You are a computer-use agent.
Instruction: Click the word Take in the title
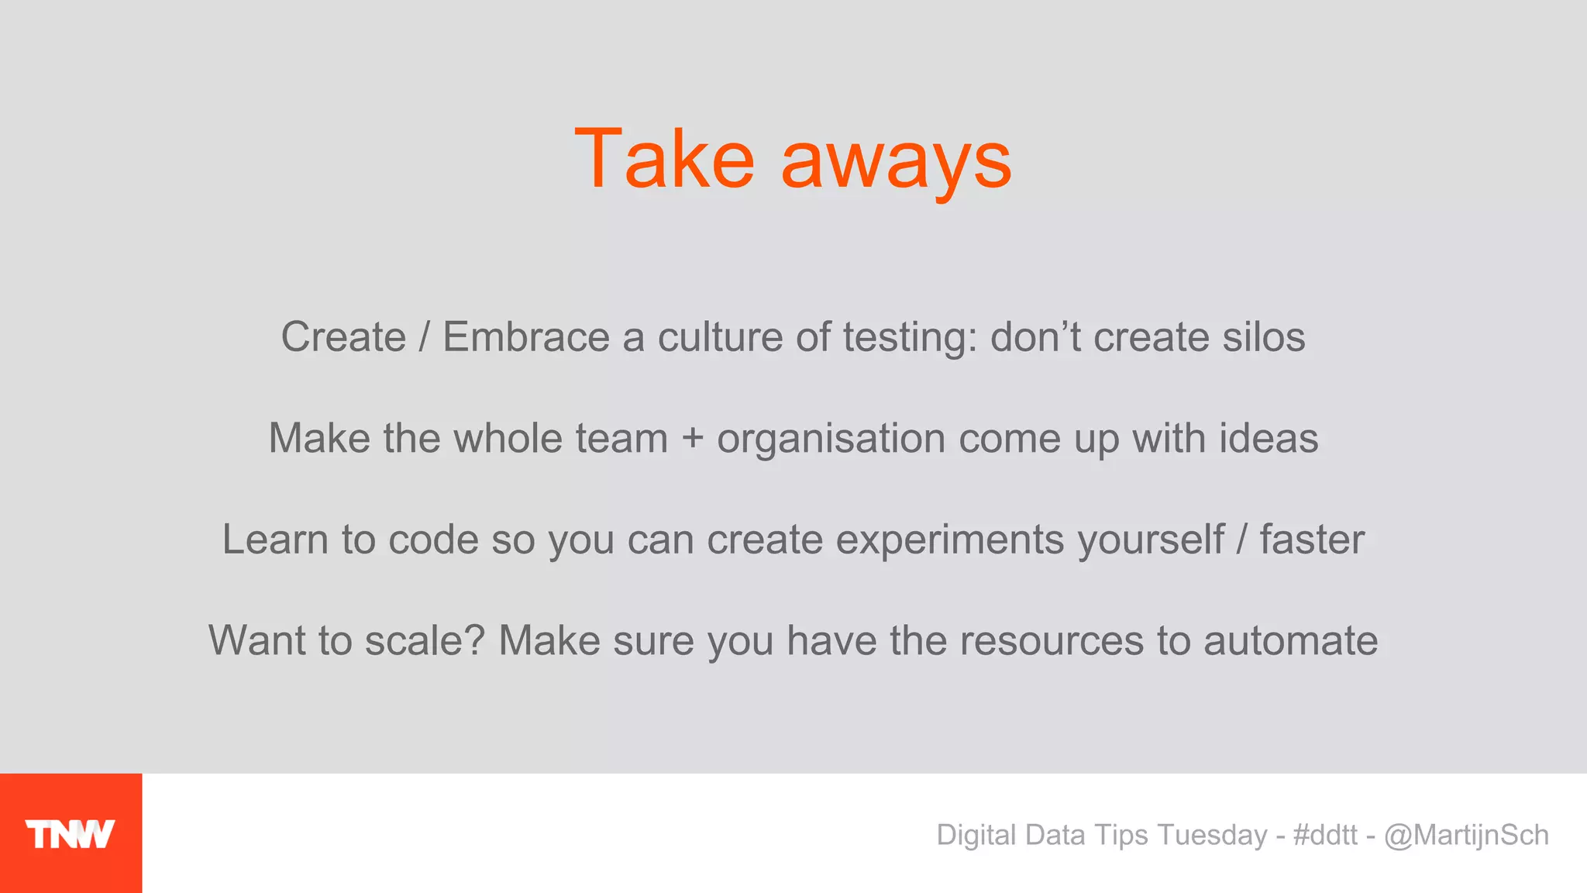pos(664,160)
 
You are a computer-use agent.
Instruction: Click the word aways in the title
pos(896,163)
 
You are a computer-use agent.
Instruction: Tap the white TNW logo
pos(71,834)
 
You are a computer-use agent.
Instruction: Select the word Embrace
pos(526,338)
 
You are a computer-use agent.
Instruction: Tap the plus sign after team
pos(692,439)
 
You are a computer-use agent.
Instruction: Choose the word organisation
pos(831,440)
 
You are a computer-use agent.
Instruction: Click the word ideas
pos(1269,439)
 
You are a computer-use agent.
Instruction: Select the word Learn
pos(275,540)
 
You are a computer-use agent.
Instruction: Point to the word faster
pos(1312,540)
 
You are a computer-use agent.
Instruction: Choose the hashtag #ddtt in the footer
pos(1325,835)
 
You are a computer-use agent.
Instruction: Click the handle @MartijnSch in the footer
pos(1466,836)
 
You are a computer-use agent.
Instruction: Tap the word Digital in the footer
pos(976,836)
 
